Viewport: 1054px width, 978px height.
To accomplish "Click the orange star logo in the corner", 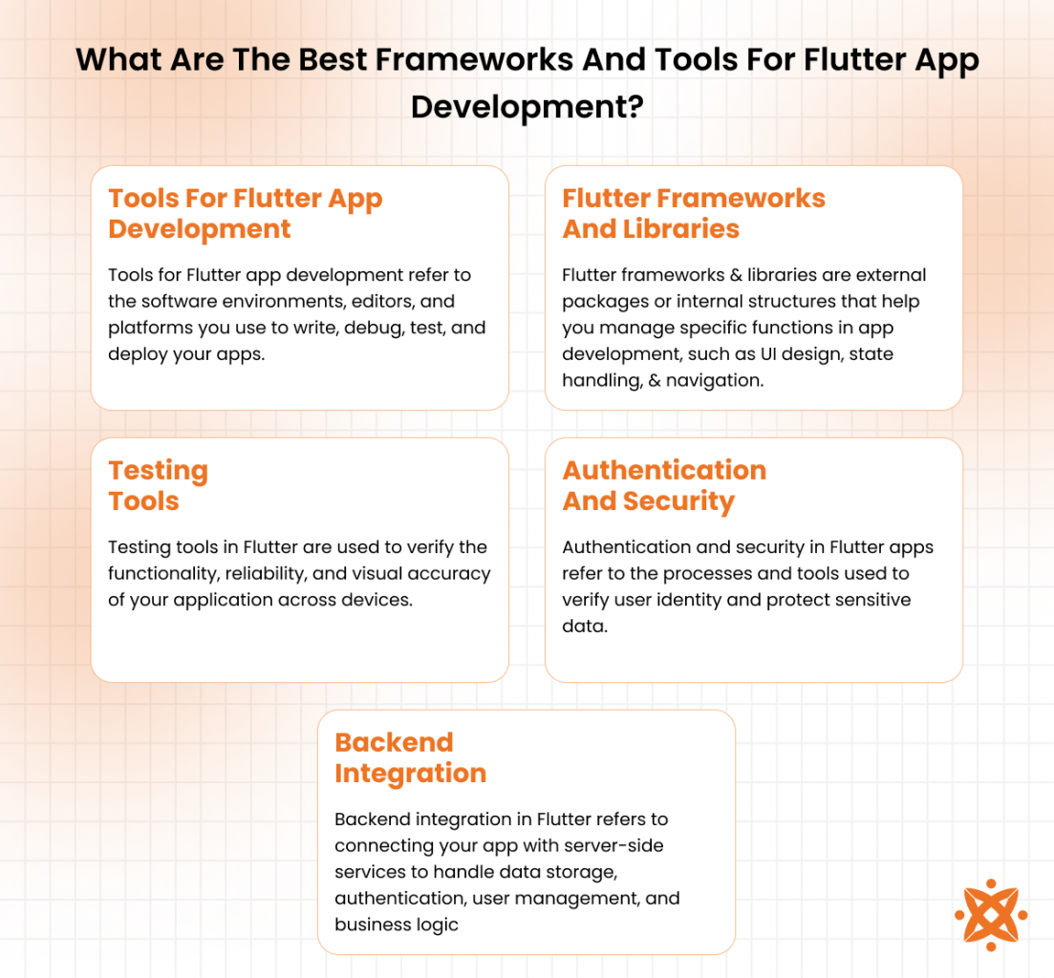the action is point(991,915).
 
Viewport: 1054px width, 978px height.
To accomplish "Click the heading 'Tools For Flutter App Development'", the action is point(246,214).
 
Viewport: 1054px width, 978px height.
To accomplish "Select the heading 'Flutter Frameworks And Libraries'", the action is point(694,214).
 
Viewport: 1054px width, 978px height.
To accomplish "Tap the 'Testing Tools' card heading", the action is point(158,485).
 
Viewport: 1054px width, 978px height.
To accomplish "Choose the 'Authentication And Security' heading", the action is point(664,485).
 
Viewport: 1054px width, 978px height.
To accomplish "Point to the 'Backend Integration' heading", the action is point(410,757).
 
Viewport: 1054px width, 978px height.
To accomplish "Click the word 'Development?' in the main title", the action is point(527,107).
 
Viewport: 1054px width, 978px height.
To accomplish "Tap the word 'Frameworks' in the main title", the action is point(474,59).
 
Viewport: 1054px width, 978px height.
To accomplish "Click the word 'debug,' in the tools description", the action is point(374,329).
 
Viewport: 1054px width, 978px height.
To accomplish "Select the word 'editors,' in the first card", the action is point(380,301).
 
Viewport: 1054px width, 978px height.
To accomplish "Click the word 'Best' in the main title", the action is point(332,59).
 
